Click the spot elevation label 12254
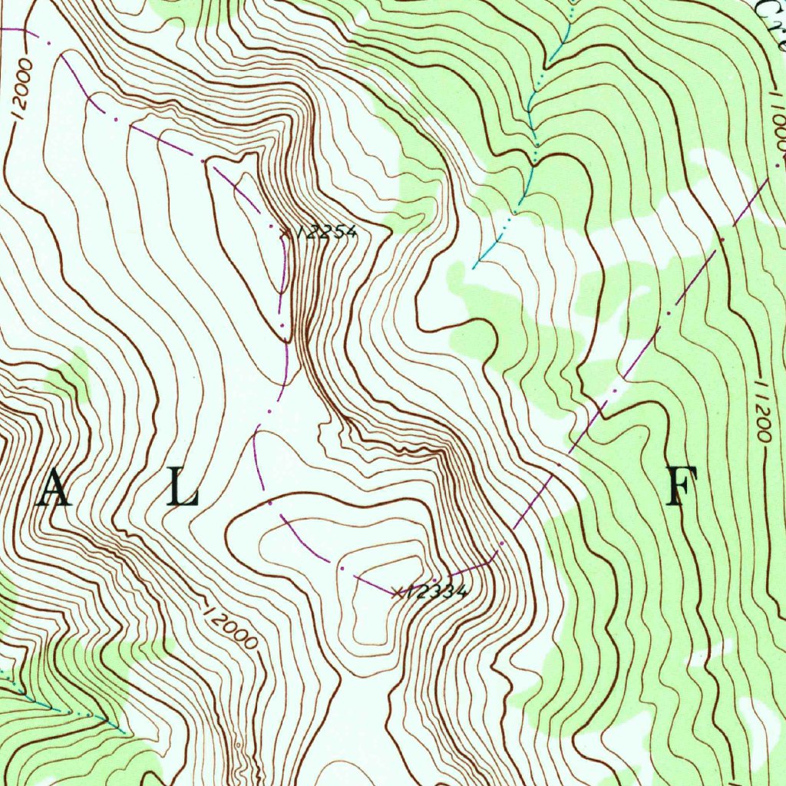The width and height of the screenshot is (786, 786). [326, 232]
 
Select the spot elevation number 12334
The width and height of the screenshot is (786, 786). [435, 591]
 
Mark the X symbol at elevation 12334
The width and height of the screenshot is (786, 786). [396, 592]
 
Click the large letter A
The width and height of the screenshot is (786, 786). [54, 489]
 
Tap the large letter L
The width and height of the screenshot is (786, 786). [183, 489]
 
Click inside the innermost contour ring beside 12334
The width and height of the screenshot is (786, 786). [372, 614]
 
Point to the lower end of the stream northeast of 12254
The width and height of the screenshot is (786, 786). [474, 268]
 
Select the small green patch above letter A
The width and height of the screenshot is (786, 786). [73, 372]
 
